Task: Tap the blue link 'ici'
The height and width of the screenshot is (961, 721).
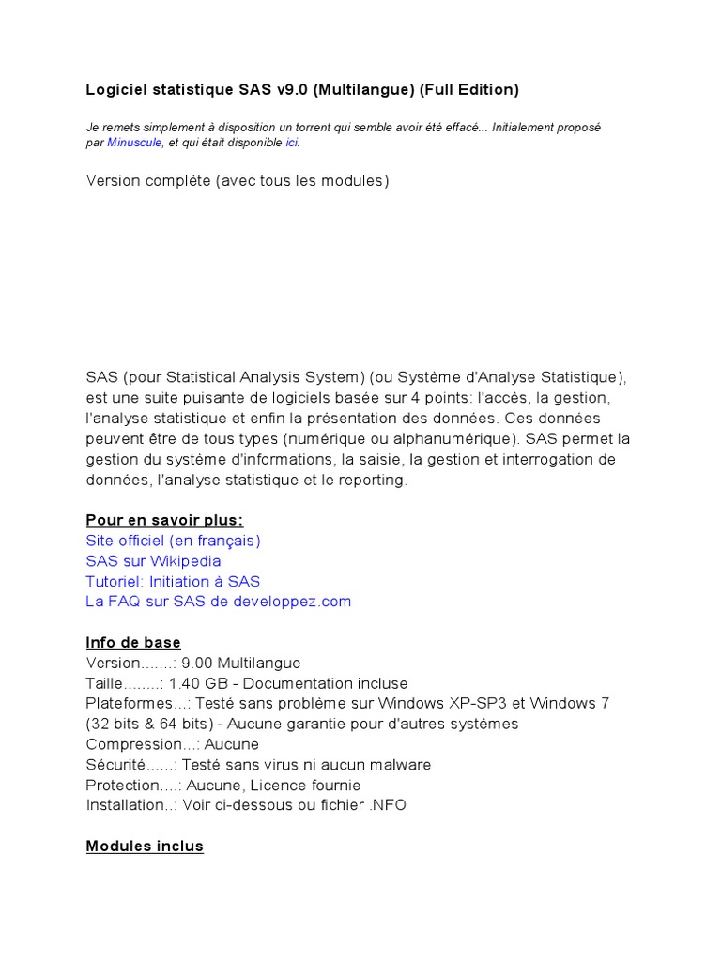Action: pyautogui.click(x=292, y=144)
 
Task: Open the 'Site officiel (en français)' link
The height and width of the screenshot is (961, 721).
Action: pyautogui.click(x=173, y=541)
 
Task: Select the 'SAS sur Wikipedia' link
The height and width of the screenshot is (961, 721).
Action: pyautogui.click(x=153, y=561)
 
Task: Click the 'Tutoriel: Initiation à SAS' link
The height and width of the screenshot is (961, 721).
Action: pyautogui.click(x=173, y=582)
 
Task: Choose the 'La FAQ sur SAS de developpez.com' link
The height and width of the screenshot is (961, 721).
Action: pyautogui.click(x=218, y=602)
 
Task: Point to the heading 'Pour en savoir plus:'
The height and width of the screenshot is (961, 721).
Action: pyautogui.click(x=164, y=520)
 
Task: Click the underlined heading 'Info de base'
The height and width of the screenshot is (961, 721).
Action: pyautogui.click(x=133, y=643)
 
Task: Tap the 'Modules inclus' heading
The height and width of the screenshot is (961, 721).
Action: pyautogui.click(x=145, y=847)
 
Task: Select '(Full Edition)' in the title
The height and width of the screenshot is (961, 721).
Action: pyautogui.click(x=468, y=90)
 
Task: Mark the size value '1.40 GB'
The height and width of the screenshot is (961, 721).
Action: pyautogui.click(x=199, y=683)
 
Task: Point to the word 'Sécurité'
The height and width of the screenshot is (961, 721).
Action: pyautogui.click(x=116, y=765)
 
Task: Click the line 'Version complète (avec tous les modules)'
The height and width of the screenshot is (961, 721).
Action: pyautogui.click(x=237, y=180)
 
